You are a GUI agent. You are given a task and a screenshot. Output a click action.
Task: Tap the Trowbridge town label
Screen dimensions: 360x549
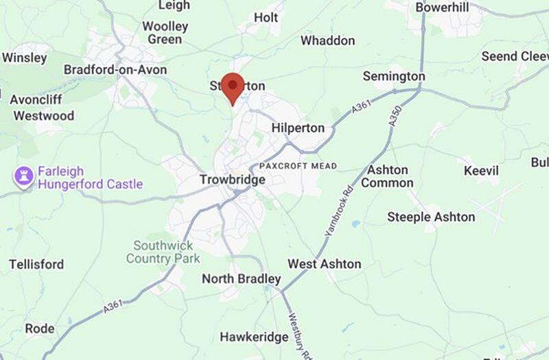232,180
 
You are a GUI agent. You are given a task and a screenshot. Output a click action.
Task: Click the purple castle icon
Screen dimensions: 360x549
24,178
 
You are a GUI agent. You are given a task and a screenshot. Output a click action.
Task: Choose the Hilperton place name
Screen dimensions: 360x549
298,128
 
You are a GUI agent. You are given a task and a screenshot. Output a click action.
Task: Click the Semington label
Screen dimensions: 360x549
394,76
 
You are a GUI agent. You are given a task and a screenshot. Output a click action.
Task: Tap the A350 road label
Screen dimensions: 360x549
395,115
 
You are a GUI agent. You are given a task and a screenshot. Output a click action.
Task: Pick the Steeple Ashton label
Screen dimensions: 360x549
431,217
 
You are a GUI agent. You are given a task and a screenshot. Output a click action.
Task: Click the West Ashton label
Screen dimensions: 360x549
324,264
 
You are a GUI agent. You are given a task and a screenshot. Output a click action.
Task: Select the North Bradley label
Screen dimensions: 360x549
241,279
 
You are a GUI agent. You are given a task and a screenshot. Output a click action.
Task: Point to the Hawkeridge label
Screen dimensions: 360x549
254,337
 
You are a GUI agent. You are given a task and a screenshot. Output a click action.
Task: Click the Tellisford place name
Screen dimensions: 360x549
36,264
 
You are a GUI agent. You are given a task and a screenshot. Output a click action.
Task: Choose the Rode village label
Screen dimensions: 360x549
40,328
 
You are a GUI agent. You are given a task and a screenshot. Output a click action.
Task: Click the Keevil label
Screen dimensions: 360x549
481,170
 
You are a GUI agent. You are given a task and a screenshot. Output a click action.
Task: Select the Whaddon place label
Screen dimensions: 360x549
328,41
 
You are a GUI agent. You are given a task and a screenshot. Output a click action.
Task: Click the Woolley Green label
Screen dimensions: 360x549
165,33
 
